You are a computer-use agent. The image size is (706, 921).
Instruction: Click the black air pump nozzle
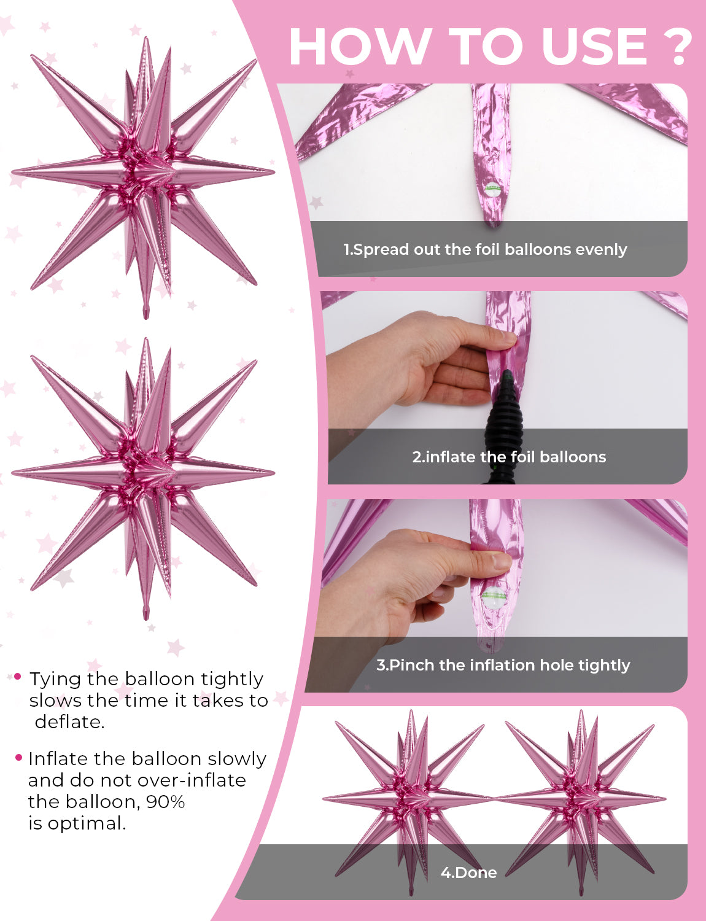[x=504, y=424]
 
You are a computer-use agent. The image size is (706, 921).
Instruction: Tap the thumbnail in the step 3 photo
[x=502, y=562]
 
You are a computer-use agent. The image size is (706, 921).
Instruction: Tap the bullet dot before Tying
[x=17, y=676]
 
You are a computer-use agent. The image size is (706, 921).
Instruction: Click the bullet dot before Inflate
[x=18, y=757]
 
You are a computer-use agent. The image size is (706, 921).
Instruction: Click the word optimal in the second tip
[x=87, y=823]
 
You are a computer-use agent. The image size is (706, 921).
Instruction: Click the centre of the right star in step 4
[x=581, y=799]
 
